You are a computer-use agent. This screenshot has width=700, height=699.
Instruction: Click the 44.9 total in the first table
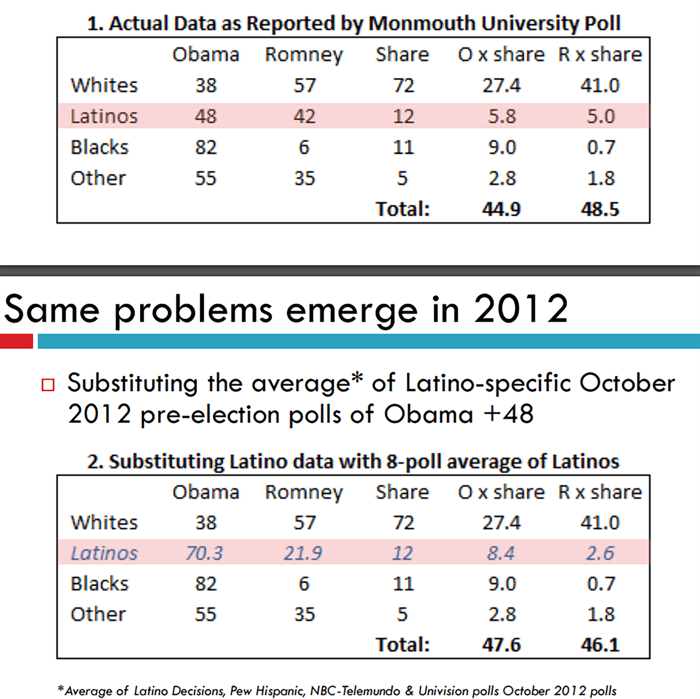(501, 209)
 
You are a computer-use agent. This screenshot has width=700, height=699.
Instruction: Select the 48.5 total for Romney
(600, 209)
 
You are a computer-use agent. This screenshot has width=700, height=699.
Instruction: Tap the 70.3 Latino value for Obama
(205, 553)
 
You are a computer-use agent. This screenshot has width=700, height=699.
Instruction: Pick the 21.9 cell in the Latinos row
(303, 553)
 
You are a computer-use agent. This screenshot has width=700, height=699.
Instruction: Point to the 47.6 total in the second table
(501, 644)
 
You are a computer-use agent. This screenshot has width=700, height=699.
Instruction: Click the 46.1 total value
(600, 644)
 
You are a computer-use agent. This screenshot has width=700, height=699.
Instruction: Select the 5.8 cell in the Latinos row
(501, 116)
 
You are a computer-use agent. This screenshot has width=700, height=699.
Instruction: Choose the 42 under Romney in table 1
(304, 116)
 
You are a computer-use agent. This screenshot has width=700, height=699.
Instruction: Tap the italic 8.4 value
(501, 553)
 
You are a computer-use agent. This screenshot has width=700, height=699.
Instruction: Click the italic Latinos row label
(104, 553)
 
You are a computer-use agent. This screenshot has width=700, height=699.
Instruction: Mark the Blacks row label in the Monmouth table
(100, 147)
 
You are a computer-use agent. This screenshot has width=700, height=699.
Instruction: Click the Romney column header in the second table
(304, 492)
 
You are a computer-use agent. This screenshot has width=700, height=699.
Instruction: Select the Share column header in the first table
(402, 55)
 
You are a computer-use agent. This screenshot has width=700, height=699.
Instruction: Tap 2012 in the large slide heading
(521, 309)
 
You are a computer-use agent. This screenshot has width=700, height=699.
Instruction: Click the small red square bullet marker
(48, 385)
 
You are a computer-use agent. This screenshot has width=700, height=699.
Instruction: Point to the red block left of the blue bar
(16, 341)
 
